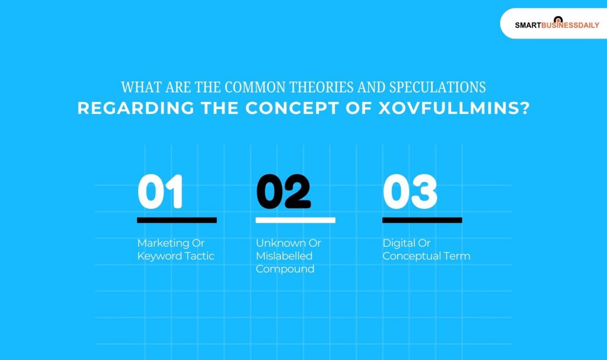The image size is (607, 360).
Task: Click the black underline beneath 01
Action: click(x=177, y=220)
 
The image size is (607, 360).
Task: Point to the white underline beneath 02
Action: click(x=295, y=220)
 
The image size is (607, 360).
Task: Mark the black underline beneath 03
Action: click(x=422, y=220)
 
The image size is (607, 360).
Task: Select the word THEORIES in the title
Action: click(x=258, y=87)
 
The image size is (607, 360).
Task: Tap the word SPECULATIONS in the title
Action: click(x=437, y=87)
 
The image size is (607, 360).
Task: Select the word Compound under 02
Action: click(x=285, y=269)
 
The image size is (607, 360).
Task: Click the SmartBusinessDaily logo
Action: click(x=557, y=24)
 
